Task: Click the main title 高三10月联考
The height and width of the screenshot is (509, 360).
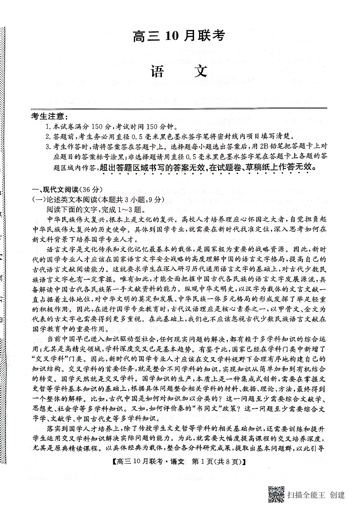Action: coord(180,36)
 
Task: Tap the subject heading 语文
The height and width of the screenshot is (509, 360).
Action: coord(180,72)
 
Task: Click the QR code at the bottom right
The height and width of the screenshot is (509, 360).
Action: coord(276,494)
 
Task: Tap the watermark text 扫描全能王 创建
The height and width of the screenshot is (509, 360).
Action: coord(316,494)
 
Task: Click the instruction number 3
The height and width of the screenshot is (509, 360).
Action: coord(48,146)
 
